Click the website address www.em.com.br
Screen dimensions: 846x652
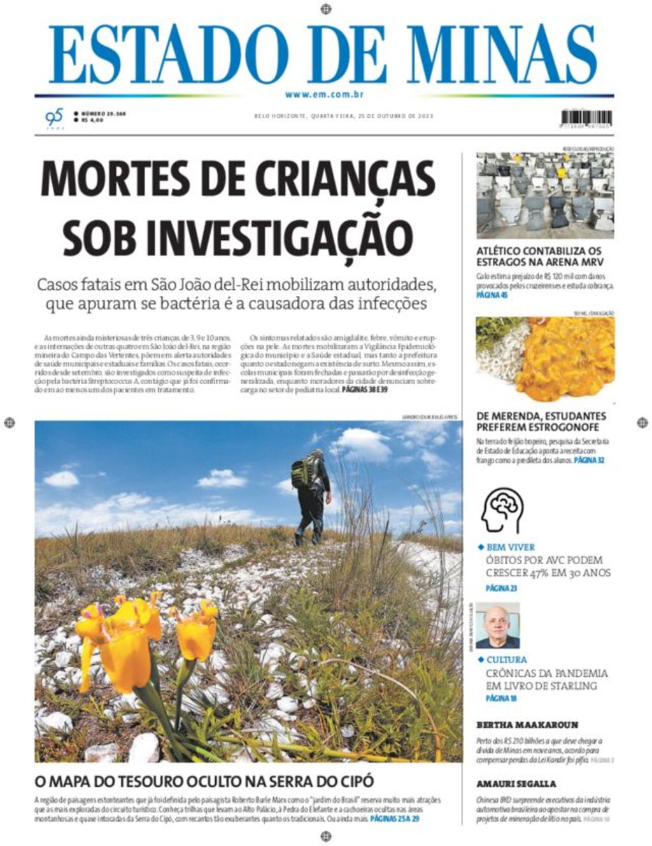click(324, 95)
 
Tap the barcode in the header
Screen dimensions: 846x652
click(586, 118)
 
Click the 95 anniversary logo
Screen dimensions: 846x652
click(55, 118)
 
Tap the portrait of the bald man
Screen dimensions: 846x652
click(497, 626)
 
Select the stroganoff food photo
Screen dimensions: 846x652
click(545, 359)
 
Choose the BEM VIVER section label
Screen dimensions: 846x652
click(510, 547)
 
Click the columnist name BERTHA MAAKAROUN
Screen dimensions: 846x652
click(527, 725)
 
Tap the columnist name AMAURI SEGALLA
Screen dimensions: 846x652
click(516, 784)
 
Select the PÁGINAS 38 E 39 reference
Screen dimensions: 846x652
click(364, 389)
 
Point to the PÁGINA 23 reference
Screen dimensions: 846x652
click(501, 588)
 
